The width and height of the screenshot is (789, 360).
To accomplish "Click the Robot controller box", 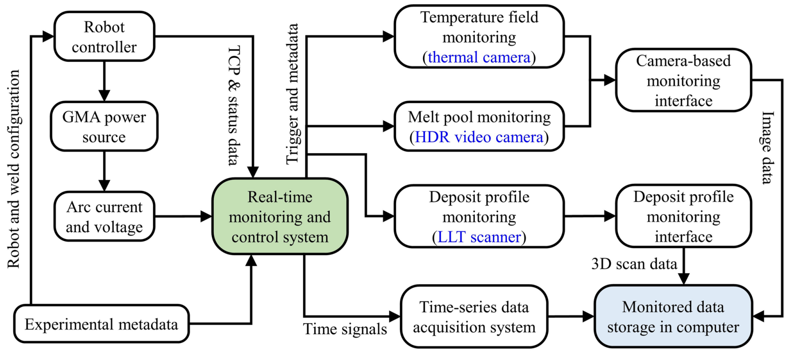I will coord(104,37).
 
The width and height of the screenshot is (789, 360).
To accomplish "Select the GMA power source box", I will coord(104,127).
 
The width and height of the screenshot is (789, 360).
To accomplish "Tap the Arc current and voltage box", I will coord(104,217).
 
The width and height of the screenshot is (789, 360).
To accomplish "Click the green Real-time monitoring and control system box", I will coord(280,217).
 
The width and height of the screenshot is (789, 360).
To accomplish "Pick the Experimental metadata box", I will coord(101,324).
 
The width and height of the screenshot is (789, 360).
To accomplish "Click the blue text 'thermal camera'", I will coord(479,57).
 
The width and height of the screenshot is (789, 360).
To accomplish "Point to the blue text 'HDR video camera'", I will coord(479,137).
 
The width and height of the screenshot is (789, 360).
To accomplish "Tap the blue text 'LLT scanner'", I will coord(479,237).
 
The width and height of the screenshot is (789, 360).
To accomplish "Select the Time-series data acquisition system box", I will coord(474,317).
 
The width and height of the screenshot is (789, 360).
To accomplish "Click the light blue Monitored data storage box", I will coord(673,317).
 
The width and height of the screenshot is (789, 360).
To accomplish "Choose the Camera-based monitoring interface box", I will coord(683,81).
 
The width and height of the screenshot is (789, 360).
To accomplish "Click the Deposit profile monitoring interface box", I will coord(683,217).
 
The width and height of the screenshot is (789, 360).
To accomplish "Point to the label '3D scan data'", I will coord(634,264).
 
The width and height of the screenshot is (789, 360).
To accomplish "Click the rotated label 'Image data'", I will coord(767,148).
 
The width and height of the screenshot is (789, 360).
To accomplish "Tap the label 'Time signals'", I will coord(345,329).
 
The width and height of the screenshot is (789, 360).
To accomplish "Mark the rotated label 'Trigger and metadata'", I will coord(292,94).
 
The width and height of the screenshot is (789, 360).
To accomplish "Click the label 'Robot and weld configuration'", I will coord(14,169).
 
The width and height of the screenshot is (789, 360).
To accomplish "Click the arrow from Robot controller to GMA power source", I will coord(104,81).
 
